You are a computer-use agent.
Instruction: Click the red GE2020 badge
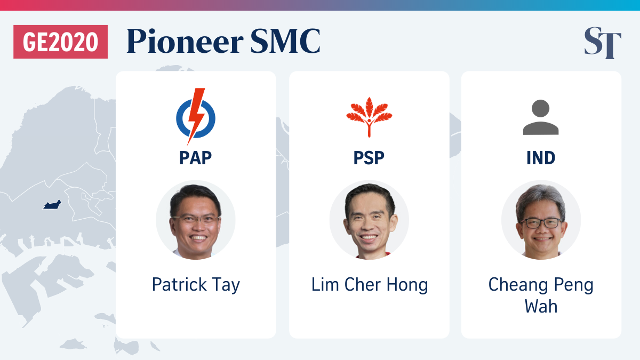(x=61, y=42)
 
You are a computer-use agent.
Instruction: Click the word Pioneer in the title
(x=185, y=42)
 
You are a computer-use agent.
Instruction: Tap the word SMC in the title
(x=285, y=41)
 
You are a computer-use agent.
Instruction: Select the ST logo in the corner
(x=603, y=43)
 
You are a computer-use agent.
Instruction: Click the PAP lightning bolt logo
(x=196, y=116)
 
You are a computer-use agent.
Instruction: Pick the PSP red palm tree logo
(x=369, y=117)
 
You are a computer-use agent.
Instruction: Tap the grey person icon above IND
(x=541, y=117)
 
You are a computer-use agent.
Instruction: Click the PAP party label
(x=195, y=158)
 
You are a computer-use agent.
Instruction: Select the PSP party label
(x=369, y=158)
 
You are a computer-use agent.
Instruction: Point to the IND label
(x=541, y=158)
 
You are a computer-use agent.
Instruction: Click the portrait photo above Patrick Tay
(x=196, y=220)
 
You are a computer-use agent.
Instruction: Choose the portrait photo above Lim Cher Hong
(x=369, y=220)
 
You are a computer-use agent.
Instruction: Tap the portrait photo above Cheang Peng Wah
(x=541, y=220)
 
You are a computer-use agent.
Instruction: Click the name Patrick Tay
(x=196, y=285)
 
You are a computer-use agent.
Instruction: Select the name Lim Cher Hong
(x=370, y=285)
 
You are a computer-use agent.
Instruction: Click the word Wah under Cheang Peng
(x=541, y=306)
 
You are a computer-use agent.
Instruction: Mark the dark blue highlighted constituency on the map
(x=52, y=205)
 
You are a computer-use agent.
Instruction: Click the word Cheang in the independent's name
(x=517, y=285)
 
